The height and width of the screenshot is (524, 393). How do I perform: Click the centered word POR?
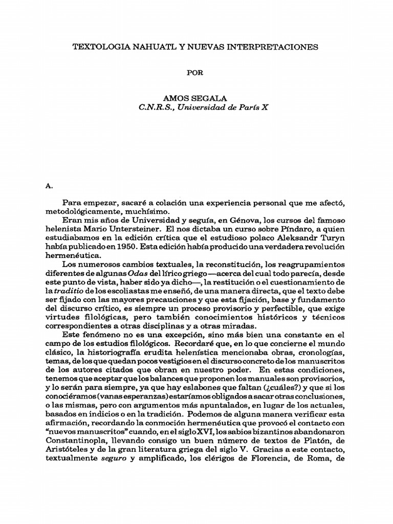point(196,73)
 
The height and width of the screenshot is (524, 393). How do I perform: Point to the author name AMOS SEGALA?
point(196,98)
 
